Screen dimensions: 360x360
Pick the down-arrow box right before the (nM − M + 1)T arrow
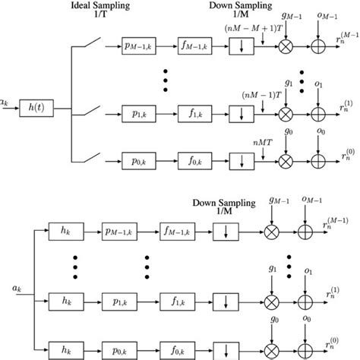tap(240, 46)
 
